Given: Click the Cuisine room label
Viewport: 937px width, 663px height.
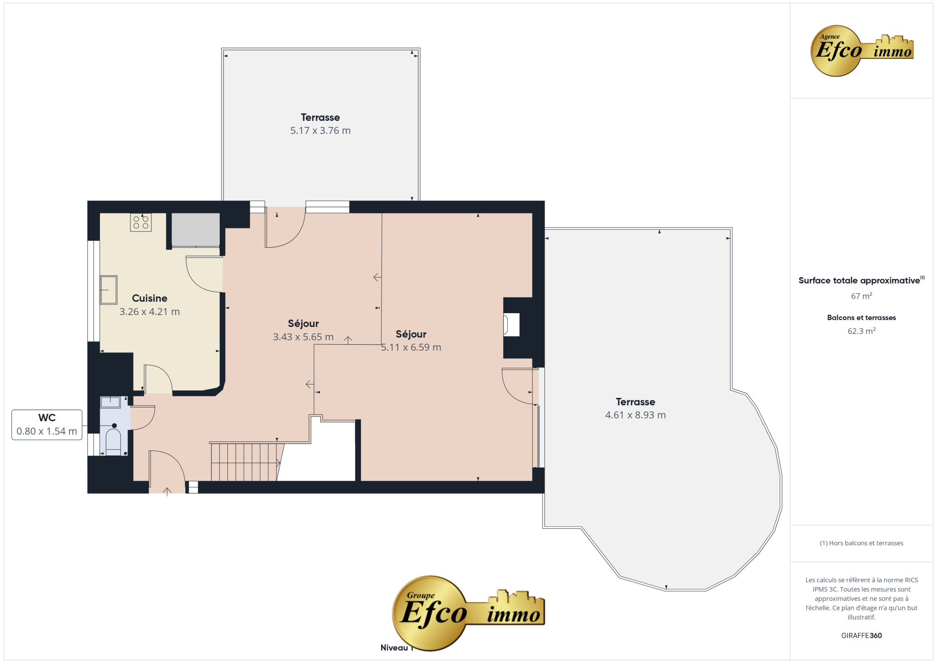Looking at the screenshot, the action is (x=150, y=298).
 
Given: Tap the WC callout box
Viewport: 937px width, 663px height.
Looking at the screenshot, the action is (x=47, y=424).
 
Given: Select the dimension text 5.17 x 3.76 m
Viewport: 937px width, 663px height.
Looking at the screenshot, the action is (x=320, y=130).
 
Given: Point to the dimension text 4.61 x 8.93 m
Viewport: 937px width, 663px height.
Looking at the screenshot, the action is (x=635, y=415).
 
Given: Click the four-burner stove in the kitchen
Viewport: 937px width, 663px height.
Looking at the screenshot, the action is (x=141, y=223).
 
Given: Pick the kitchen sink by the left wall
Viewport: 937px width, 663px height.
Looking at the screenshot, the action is (x=109, y=290).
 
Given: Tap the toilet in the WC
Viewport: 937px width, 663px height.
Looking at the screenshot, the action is (x=113, y=439).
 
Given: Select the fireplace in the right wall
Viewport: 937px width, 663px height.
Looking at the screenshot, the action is (x=512, y=325).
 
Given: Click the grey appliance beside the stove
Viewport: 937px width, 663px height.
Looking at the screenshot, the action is (x=196, y=230).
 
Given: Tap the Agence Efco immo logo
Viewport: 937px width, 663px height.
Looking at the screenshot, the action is (x=862, y=50).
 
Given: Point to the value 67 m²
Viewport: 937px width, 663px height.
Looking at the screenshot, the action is (x=862, y=296).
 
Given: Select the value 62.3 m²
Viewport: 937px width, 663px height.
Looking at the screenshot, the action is (x=862, y=331).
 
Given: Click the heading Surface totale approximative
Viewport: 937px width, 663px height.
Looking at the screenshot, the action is (x=859, y=281).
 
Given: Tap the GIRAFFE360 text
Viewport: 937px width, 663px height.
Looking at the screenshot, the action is (x=862, y=636).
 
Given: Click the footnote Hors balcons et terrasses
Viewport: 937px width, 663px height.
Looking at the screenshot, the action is (x=862, y=543).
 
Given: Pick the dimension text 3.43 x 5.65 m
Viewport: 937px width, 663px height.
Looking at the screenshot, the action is (x=303, y=337).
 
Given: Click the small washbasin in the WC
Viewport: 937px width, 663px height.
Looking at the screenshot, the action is (x=110, y=402).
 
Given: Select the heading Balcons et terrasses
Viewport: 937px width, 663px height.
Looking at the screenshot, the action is (x=862, y=318).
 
